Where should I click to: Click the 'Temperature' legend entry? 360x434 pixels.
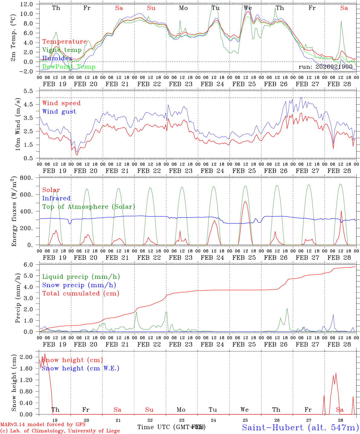click(65, 42)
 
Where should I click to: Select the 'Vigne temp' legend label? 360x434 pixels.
click(62, 50)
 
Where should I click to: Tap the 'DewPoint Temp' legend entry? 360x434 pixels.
click(69, 67)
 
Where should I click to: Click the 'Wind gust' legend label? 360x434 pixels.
click(59, 112)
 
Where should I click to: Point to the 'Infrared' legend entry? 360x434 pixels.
click(56, 198)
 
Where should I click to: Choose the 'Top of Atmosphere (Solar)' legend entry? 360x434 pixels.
click(89, 207)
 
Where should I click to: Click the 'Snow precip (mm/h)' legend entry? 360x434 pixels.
click(79, 285)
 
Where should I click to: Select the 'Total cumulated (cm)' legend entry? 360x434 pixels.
click(81, 294)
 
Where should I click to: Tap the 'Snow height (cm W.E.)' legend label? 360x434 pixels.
click(81, 368)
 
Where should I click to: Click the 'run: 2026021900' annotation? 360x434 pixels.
click(326, 67)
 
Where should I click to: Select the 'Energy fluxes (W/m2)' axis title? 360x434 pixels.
click(14, 212)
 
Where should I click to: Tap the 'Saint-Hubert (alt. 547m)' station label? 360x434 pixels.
click(300, 427)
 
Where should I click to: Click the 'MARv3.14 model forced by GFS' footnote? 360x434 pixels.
click(43, 425)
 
